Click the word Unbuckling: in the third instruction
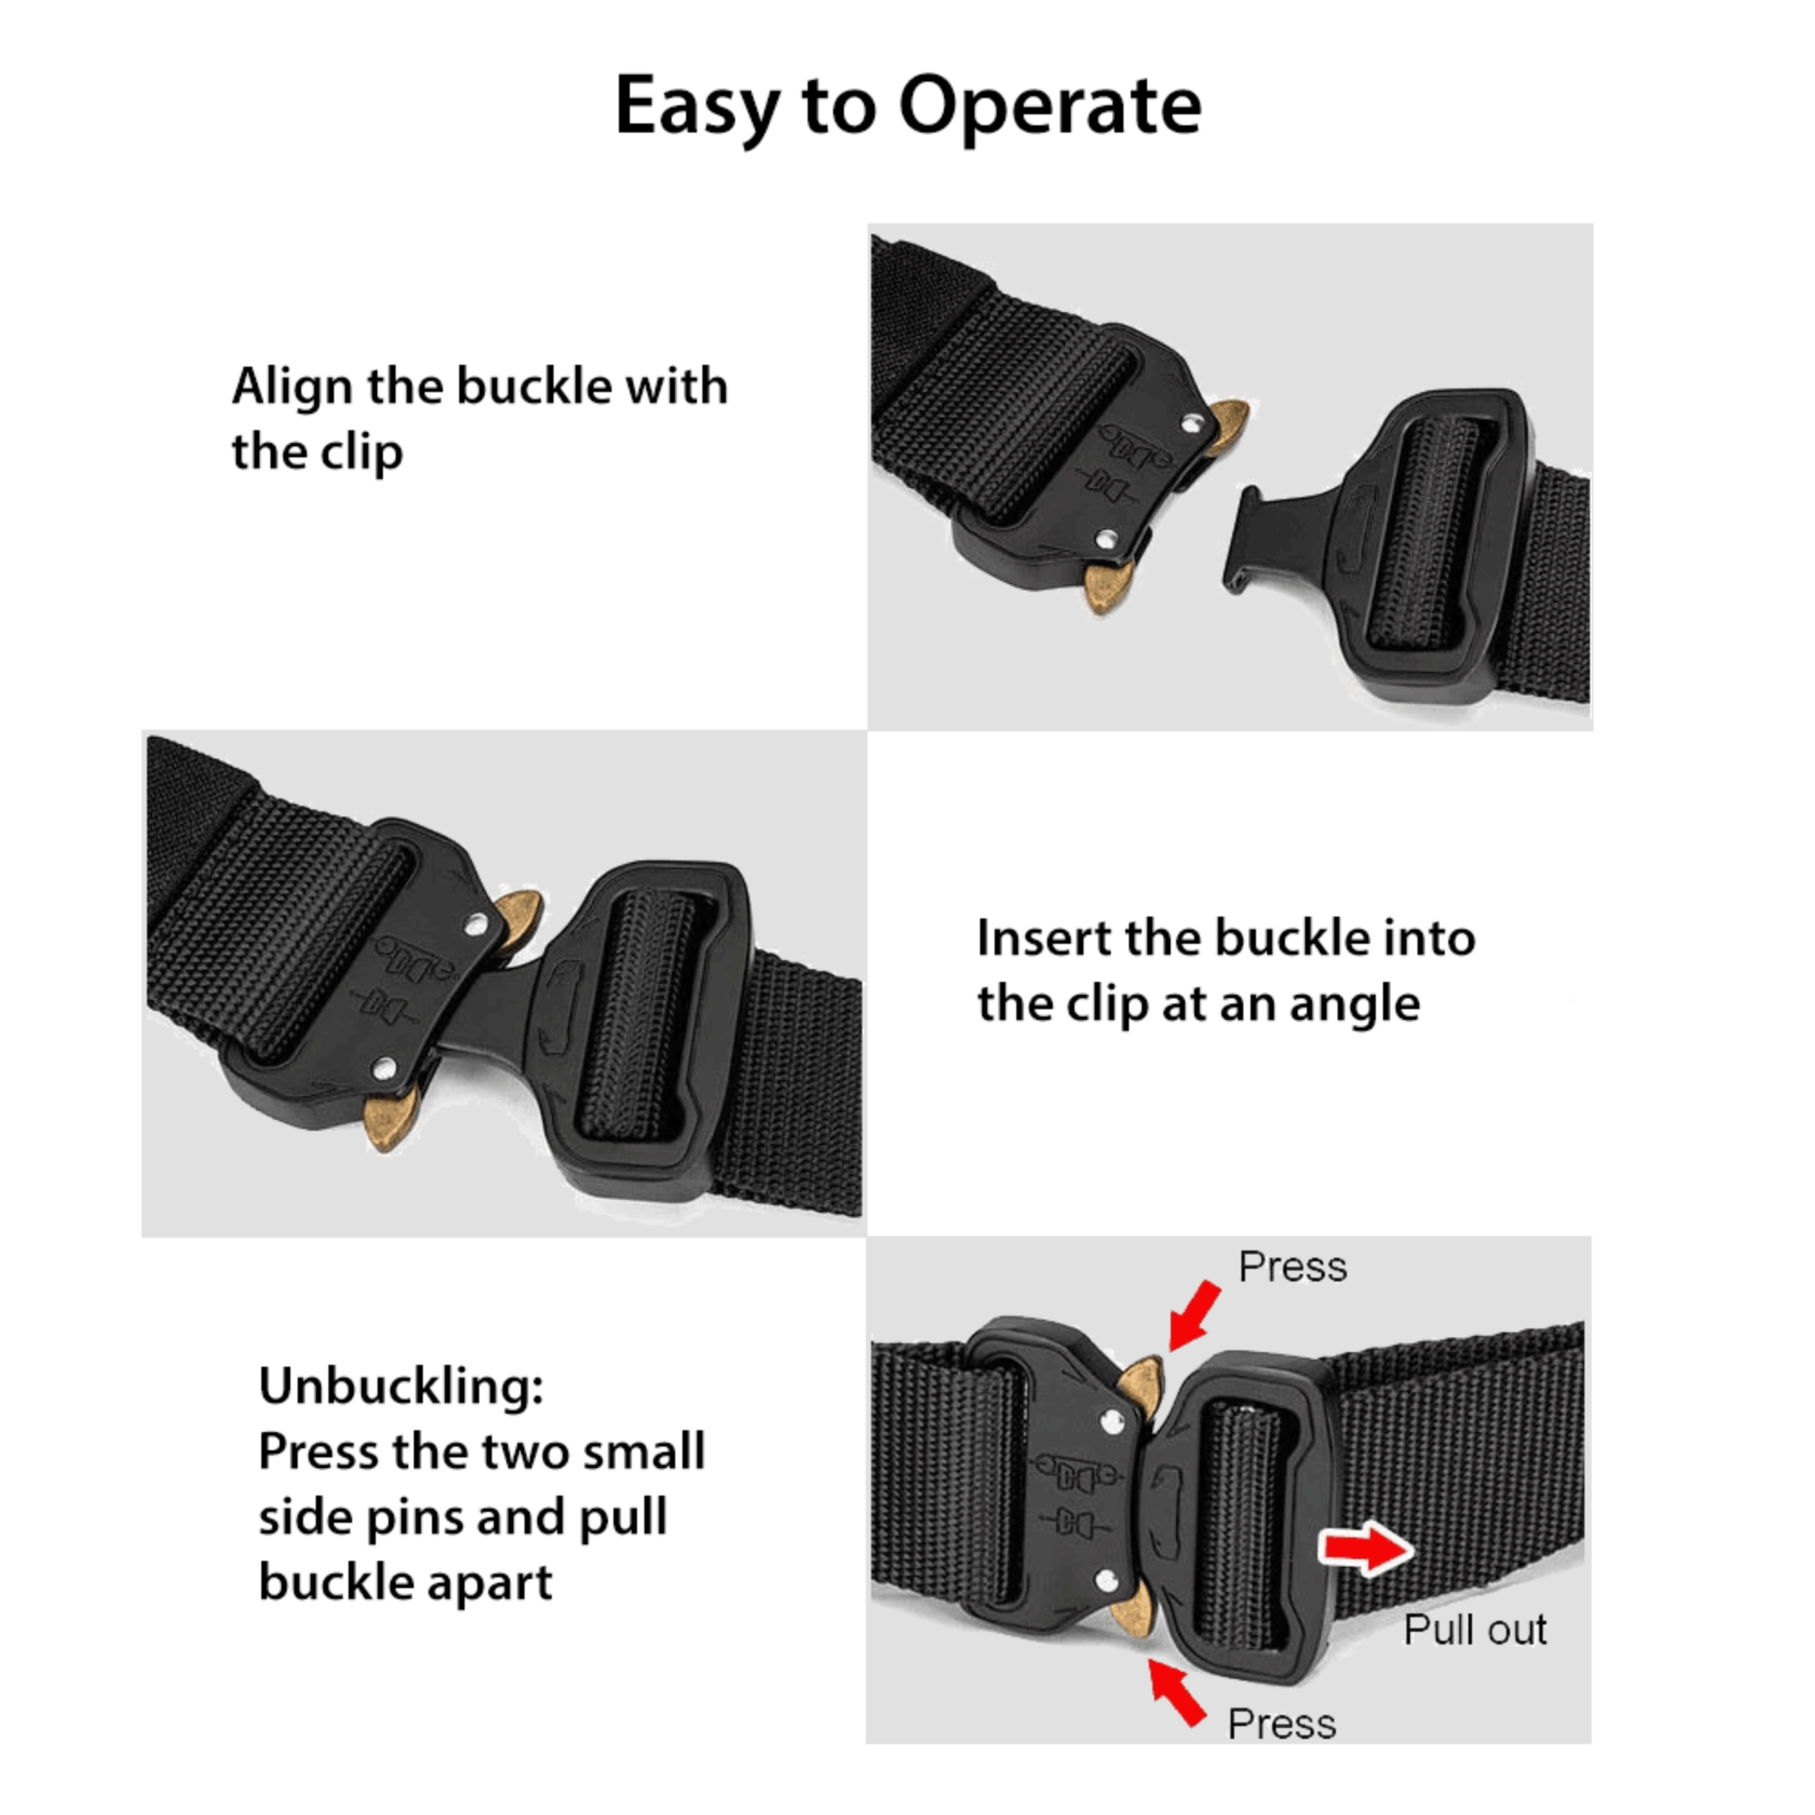tap(401, 1386)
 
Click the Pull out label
tap(1474, 1630)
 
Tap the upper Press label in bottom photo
tap(1291, 1267)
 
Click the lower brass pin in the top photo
tap(1104, 586)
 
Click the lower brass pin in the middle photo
tap(388, 1118)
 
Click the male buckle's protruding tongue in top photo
tap(1259, 540)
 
